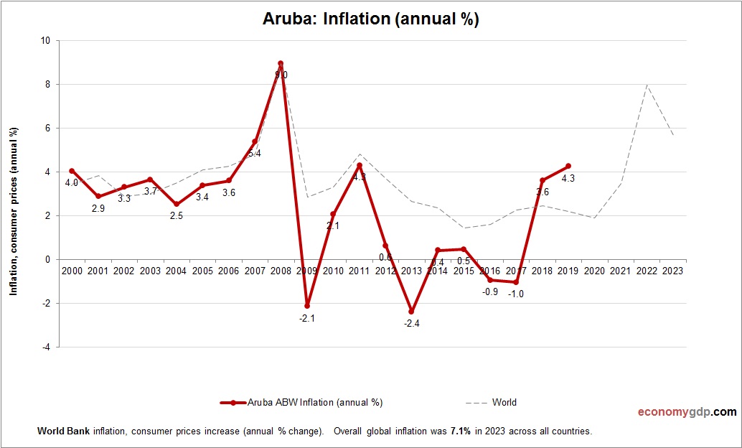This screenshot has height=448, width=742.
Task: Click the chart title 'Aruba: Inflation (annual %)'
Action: click(371, 19)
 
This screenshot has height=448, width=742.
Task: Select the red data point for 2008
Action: click(281, 63)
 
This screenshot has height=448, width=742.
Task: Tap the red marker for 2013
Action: click(411, 312)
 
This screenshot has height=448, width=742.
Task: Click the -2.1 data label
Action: click(307, 318)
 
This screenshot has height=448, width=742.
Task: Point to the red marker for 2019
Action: click(568, 166)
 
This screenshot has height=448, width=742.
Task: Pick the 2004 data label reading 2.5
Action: click(177, 215)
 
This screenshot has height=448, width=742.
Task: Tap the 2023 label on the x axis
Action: click(673, 271)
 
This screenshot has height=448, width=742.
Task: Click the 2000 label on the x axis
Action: click(72, 271)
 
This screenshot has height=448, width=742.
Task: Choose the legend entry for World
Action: click(504, 402)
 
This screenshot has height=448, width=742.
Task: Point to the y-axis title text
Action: click(14, 211)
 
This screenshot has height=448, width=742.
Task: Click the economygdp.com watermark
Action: click(687, 412)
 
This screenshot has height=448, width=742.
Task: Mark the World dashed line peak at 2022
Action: click(647, 85)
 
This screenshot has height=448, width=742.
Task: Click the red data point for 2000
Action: click(72, 171)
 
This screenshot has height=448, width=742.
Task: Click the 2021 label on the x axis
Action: click(621, 271)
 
